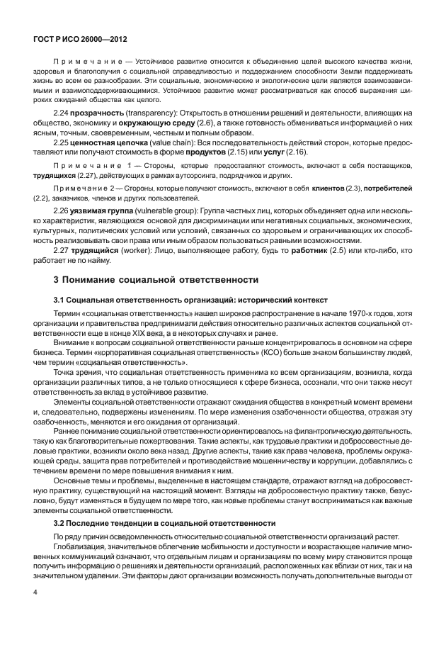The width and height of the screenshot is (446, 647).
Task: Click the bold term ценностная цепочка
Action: coord(108,142)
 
